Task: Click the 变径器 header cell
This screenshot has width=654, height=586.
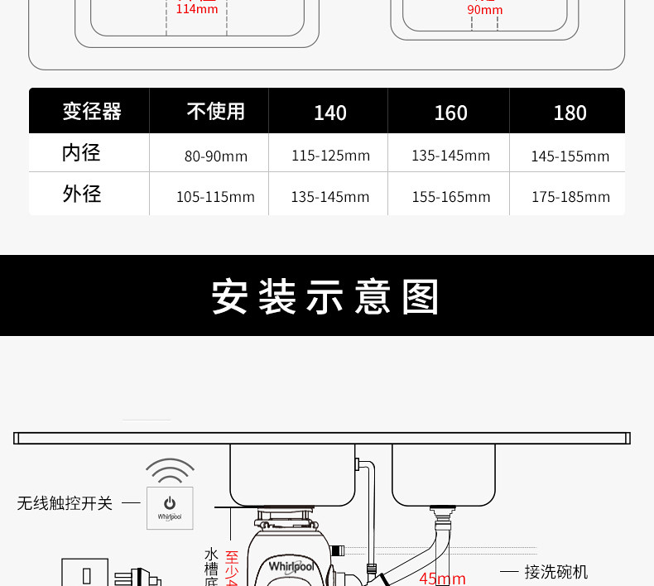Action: point(92,112)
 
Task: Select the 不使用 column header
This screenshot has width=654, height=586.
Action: point(215,112)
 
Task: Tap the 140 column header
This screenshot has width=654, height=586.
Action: point(329,113)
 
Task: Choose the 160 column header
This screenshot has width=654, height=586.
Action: point(450,113)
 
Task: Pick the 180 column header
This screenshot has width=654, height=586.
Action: point(570,113)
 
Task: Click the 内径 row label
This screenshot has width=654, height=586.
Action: point(81,153)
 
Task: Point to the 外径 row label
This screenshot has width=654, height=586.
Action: point(81,195)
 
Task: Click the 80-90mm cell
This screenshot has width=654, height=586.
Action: point(215,156)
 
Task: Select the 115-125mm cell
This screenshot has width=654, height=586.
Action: point(330,156)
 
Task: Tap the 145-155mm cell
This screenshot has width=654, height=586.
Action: point(570,156)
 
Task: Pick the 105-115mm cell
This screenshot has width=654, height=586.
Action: point(215,197)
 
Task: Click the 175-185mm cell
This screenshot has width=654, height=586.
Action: point(570,197)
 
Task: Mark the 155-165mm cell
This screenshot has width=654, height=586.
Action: point(450,197)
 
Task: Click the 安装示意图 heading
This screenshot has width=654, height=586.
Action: point(326,297)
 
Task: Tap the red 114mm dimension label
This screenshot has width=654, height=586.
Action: point(197,9)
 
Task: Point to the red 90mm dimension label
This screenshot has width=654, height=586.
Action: point(484,10)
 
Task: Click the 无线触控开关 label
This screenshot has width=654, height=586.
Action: point(65,503)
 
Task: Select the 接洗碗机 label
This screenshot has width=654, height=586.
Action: point(555,572)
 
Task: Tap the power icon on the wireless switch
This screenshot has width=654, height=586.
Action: point(170,502)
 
